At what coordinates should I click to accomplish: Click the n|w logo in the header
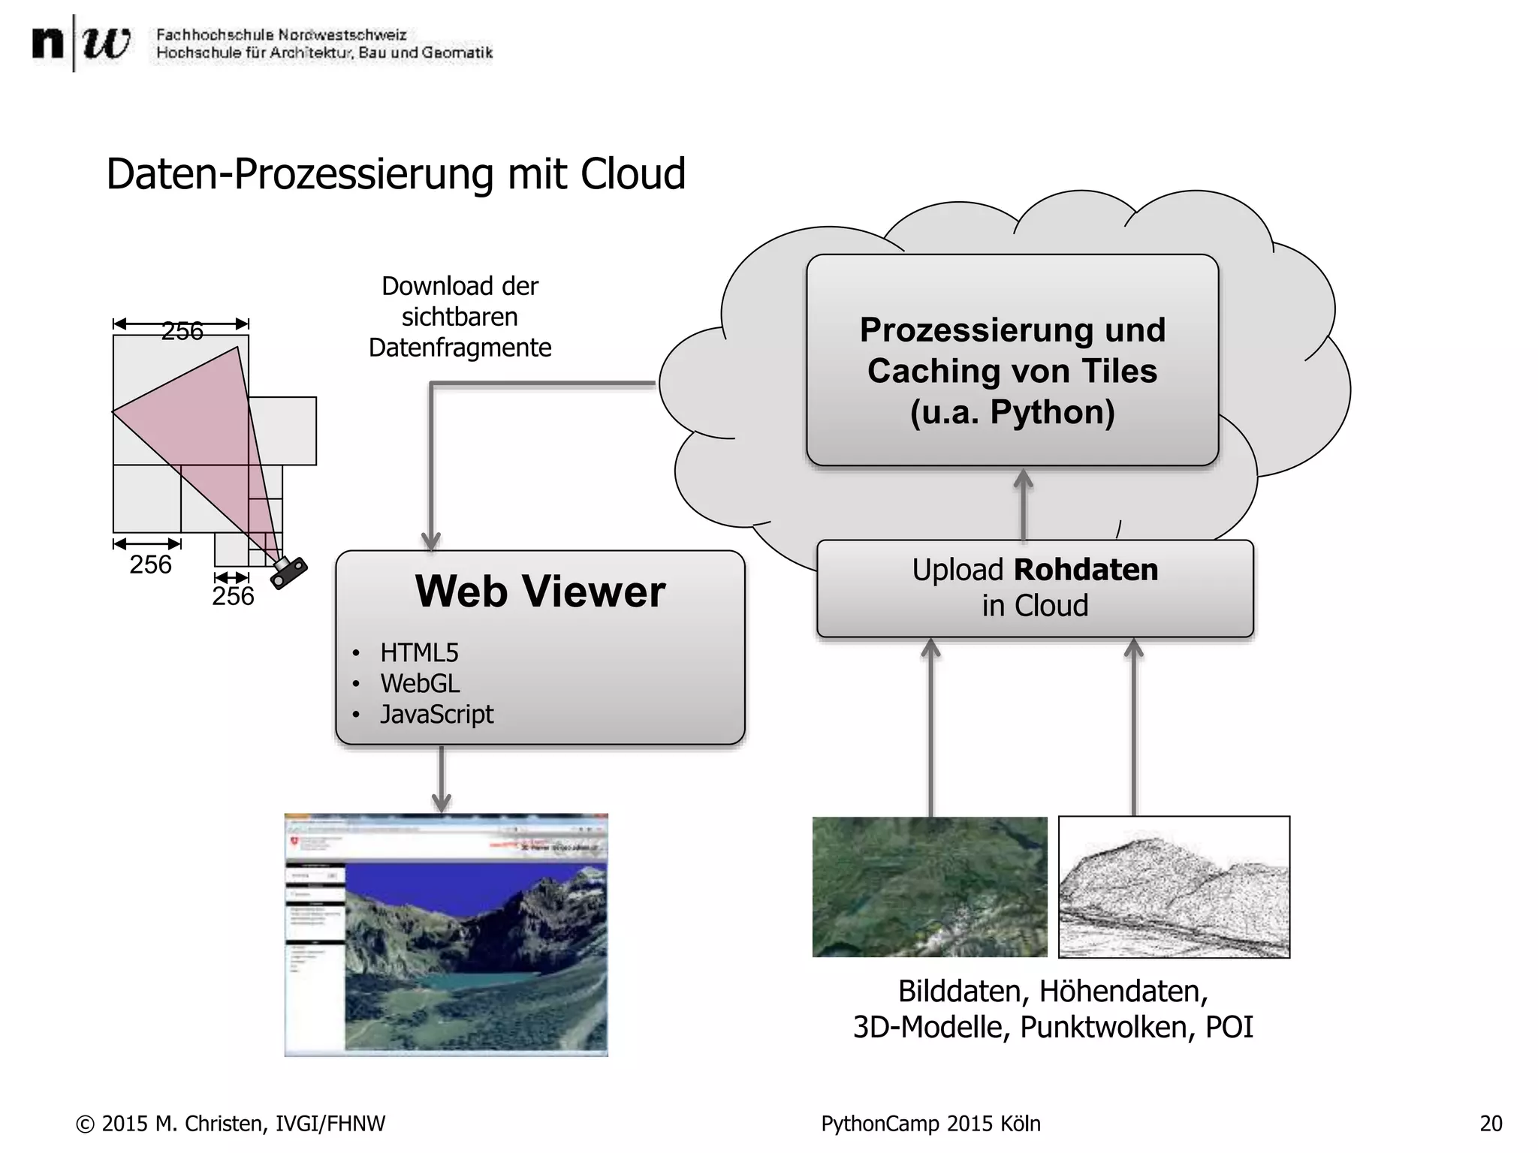[80, 44]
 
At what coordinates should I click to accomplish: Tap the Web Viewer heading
[540, 592]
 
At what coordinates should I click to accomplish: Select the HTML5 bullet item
[419, 653]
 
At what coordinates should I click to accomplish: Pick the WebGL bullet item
[420, 684]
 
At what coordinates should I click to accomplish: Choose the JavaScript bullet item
[436, 715]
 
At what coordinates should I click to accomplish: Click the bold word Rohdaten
[1086, 570]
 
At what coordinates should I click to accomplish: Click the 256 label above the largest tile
[182, 331]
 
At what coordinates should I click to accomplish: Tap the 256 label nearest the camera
[233, 596]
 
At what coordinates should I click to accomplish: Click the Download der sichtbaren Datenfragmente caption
[460, 317]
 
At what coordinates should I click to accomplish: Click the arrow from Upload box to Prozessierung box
[1024, 504]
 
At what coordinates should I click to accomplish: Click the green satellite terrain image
[929, 887]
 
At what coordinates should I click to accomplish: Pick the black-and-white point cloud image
[1174, 887]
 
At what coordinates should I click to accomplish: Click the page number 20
[1491, 1124]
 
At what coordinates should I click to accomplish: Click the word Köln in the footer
[1021, 1124]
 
